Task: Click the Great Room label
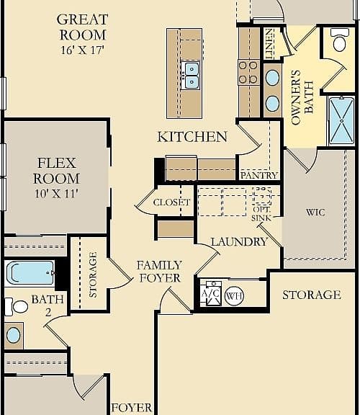coord(82,27)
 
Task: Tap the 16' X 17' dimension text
coord(82,50)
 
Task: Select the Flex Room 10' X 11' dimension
coord(57,194)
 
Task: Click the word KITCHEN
coord(192,137)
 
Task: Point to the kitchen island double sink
coord(191,76)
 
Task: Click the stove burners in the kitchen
coord(248,72)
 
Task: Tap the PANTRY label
coord(259,176)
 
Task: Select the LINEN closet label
coord(269,44)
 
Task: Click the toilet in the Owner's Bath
coord(339,40)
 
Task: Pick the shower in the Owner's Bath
coord(342,121)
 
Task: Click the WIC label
coord(315,213)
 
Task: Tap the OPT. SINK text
coord(261,213)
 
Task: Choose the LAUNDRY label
coord(239,242)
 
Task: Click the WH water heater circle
coord(234,296)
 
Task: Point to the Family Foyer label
coord(160,272)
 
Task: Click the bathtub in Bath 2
coord(30,272)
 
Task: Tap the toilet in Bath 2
coord(17,307)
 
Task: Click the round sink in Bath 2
coord(14,335)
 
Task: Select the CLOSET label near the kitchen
coord(171,202)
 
